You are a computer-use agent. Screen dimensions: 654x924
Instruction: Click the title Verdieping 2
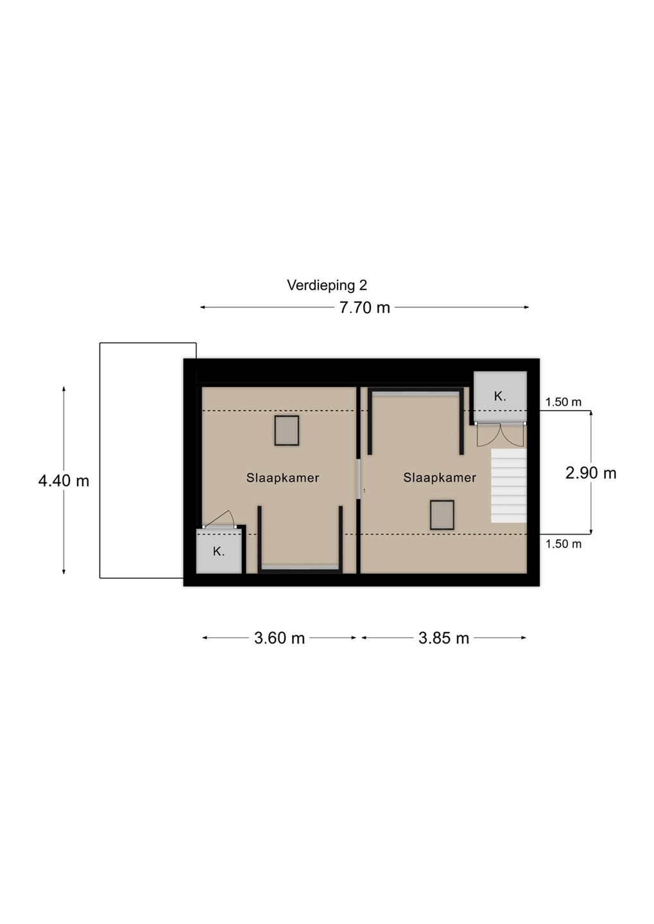(327, 286)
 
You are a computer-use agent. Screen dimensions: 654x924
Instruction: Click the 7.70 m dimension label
(365, 308)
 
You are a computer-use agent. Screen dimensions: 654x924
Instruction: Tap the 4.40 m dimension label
(64, 481)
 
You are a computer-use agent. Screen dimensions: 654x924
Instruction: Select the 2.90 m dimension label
(591, 473)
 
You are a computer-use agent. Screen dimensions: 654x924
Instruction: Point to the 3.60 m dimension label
(279, 638)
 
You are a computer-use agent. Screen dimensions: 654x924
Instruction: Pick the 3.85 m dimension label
(443, 638)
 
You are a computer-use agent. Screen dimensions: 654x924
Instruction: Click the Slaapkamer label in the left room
(282, 477)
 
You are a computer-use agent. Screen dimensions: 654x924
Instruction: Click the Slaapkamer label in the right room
(440, 477)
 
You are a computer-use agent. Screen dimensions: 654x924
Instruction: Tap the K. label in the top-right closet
(500, 397)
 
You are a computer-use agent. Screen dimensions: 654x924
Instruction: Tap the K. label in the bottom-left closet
(219, 552)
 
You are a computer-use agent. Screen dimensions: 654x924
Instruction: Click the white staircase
(509, 486)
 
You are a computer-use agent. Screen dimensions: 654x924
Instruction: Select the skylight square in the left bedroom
(287, 431)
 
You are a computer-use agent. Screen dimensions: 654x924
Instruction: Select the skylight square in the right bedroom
(442, 515)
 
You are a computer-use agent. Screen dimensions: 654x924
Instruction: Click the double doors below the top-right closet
(501, 434)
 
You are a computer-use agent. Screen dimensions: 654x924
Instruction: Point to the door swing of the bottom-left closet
(219, 519)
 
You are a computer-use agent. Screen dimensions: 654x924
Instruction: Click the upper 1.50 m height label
(564, 402)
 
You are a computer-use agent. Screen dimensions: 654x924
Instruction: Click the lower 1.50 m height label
(564, 544)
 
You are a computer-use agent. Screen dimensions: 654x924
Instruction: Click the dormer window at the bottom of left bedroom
(300, 567)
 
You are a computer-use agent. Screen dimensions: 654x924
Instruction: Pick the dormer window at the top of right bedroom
(416, 395)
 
